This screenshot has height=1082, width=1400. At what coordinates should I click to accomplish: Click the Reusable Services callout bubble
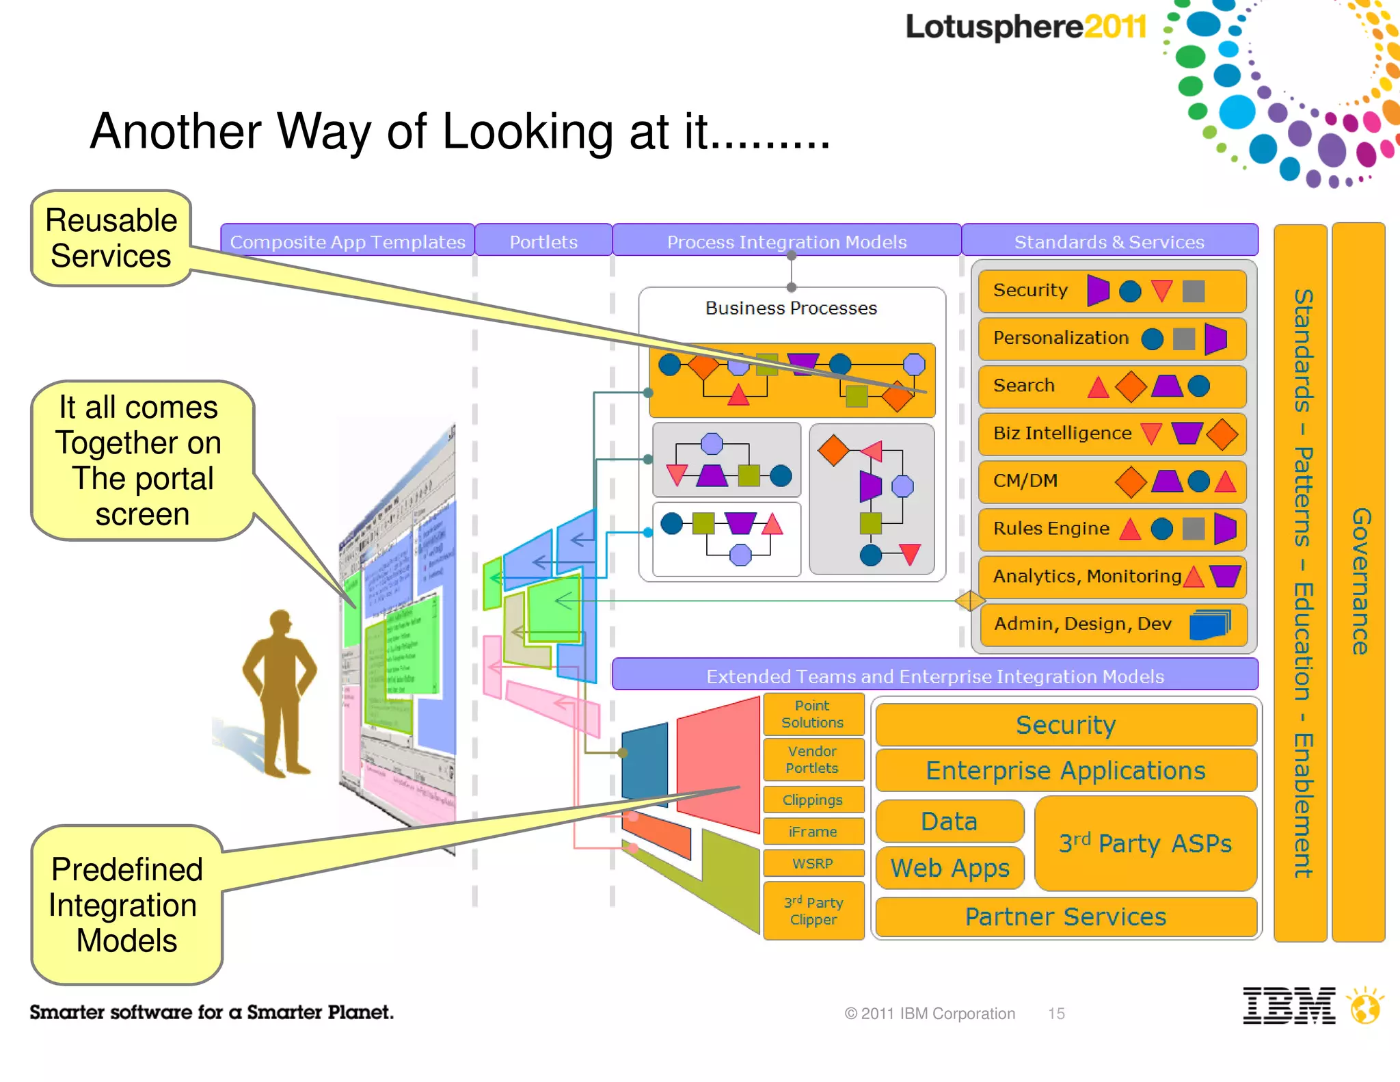click(111, 238)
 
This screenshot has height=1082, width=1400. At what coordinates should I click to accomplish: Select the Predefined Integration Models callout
click(126, 904)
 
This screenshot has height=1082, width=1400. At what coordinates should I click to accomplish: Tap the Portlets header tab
click(543, 241)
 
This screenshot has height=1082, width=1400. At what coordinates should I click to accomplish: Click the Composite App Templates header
click(347, 241)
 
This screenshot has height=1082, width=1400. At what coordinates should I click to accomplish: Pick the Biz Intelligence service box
click(1112, 434)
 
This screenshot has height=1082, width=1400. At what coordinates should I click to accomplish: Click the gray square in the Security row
click(1193, 291)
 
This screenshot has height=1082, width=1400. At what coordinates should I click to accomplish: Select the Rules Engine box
click(1112, 529)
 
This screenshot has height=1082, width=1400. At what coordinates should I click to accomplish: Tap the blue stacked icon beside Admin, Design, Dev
click(1209, 624)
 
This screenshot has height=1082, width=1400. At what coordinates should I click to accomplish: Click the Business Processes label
click(791, 308)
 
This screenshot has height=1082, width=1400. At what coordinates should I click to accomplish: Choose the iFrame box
click(813, 832)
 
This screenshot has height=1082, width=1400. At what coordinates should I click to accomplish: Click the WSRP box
click(813, 863)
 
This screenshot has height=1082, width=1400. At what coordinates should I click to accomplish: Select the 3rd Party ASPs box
click(1145, 843)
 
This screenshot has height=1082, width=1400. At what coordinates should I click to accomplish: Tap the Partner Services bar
click(1065, 916)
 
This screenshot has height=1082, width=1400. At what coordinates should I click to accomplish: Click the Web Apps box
click(950, 868)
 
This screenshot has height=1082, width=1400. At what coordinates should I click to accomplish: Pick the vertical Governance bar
click(1358, 581)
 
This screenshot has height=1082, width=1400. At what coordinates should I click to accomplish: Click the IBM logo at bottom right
click(1289, 1005)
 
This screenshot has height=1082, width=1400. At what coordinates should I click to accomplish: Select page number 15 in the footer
click(1056, 1014)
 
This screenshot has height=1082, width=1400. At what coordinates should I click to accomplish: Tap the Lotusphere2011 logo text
click(1025, 27)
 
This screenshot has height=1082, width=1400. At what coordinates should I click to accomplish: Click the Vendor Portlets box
click(813, 759)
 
